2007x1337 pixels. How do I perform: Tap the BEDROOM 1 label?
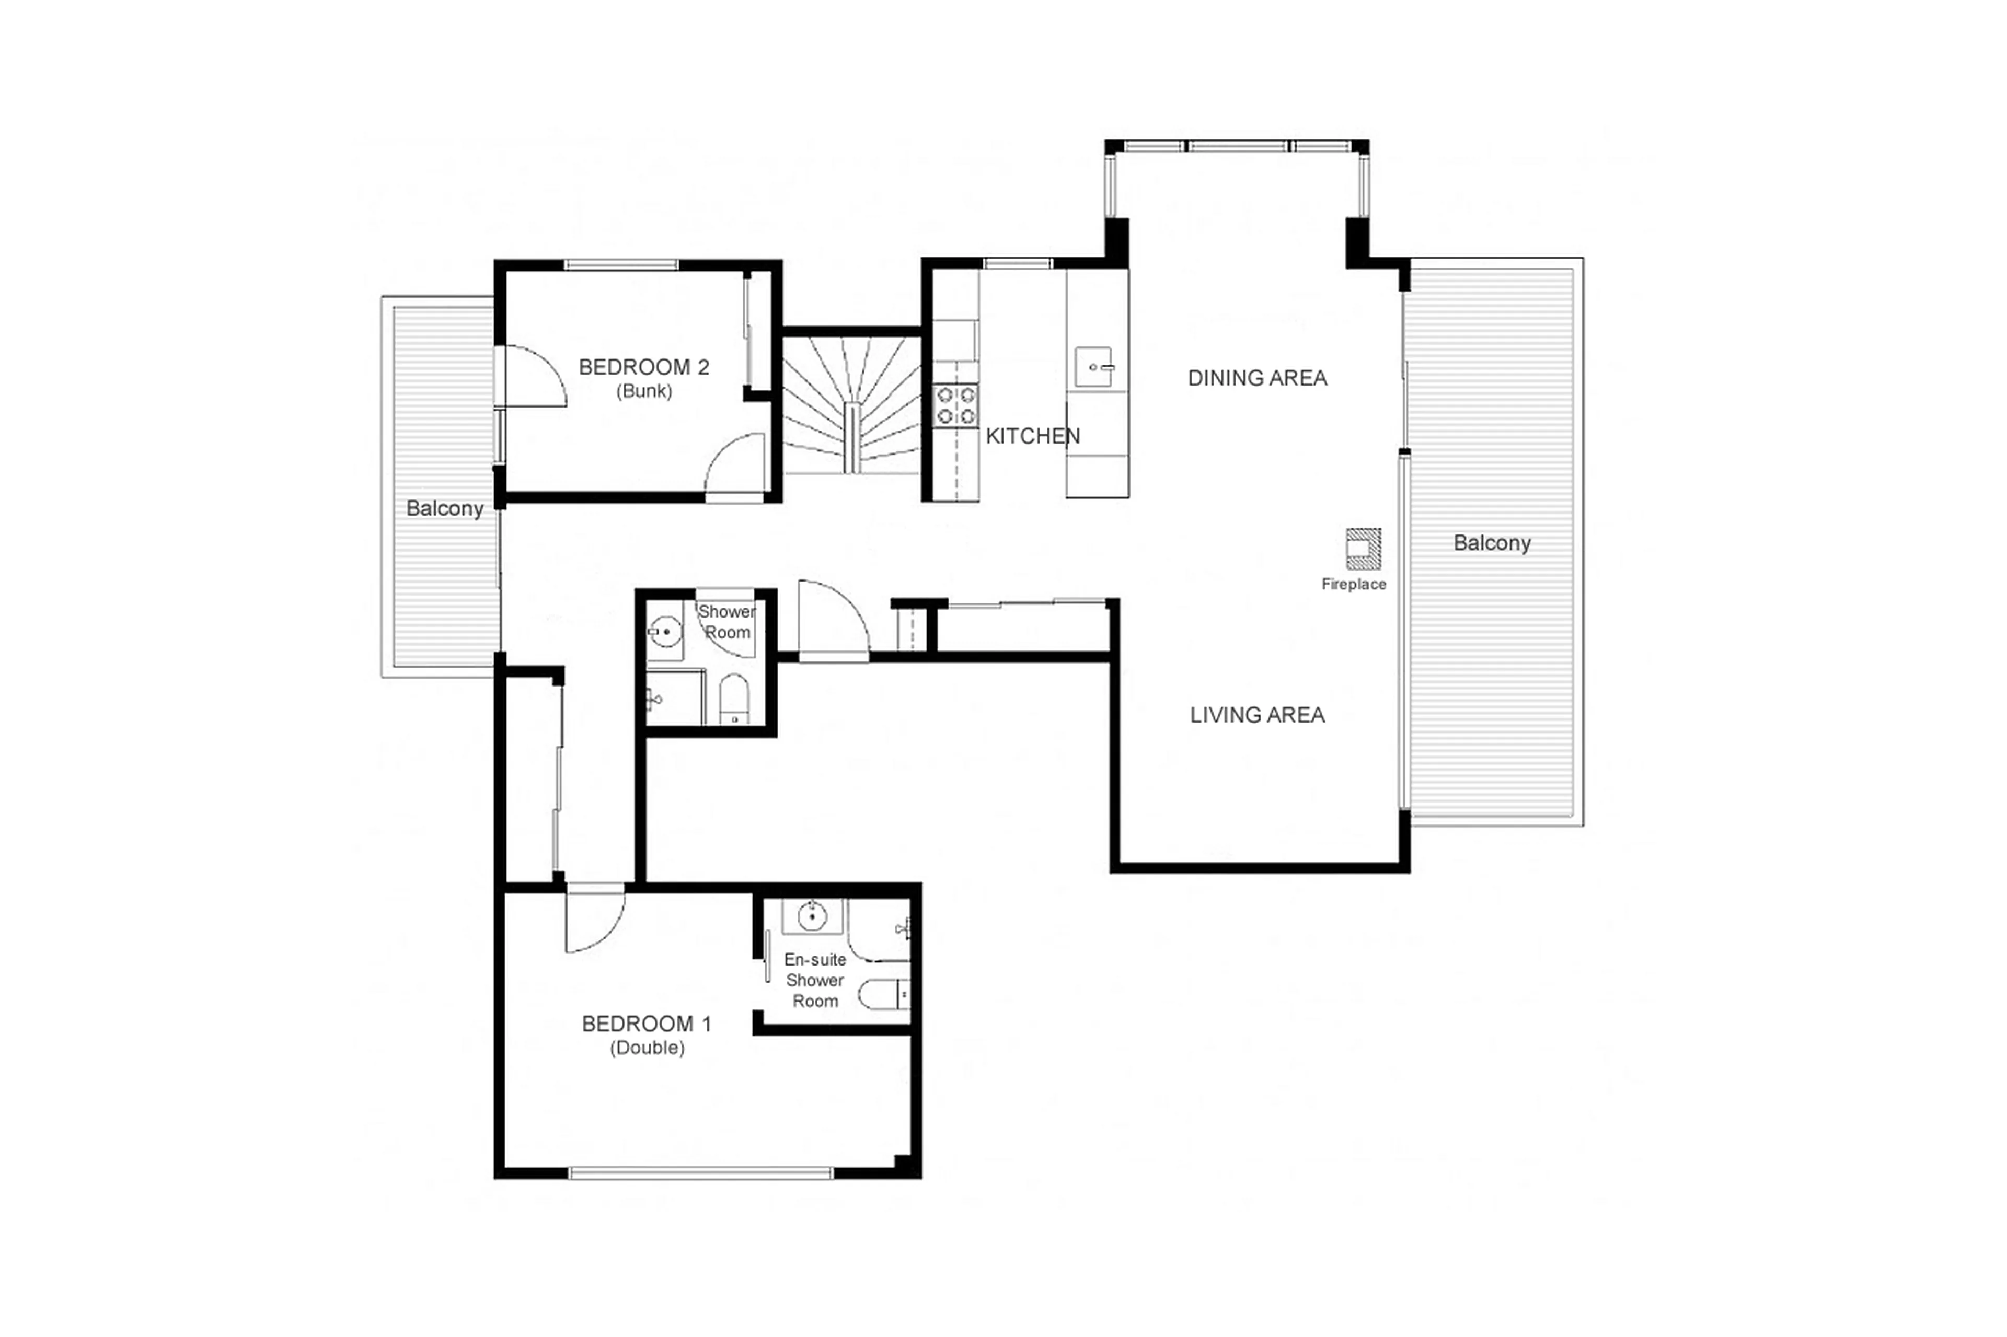point(645,1023)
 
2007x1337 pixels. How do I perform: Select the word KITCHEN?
point(1032,436)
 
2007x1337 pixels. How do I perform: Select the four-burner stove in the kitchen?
point(955,405)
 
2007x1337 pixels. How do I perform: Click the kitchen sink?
point(1093,367)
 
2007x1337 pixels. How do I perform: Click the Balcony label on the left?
point(444,508)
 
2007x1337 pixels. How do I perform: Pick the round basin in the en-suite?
point(812,916)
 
